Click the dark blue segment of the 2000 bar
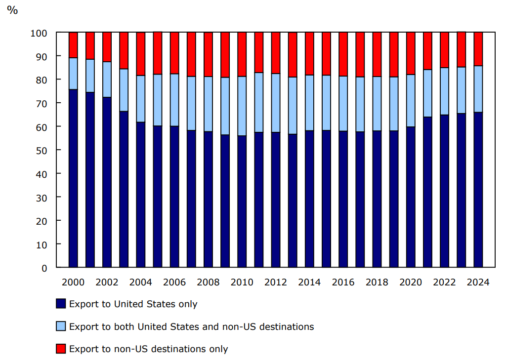click(73, 178)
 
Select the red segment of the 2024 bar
click(478, 48)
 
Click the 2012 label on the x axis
click(275, 282)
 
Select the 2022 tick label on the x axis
click(444, 282)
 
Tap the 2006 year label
click(174, 282)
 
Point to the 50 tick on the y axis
click(42, 150)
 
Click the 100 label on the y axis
click(39, 33)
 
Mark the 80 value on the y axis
click(42, 80)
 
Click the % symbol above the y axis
click(12, 10)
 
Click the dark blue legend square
click(61, 304)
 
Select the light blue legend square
click(61, 326)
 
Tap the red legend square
click(61, 349)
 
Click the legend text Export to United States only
click(133, 304)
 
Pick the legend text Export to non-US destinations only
click(148, 349)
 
